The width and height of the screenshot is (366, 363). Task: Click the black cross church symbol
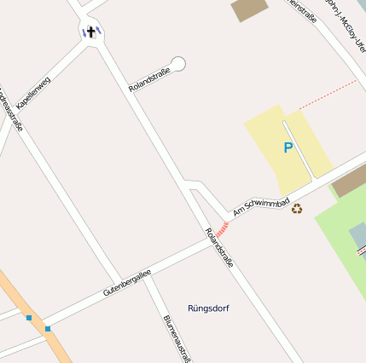pos(90,32)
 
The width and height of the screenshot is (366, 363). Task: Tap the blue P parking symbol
pos(288,147)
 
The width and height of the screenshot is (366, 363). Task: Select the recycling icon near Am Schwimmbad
pos(297,208)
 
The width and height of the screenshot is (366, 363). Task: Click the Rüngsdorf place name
pos(208,308)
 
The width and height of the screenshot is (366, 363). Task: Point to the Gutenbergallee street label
pos(127,282)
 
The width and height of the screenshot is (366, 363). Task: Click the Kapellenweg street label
pos(33,92)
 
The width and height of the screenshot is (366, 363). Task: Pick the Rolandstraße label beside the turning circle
pos(149,79)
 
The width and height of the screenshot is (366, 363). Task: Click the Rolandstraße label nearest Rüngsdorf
pos(219,248)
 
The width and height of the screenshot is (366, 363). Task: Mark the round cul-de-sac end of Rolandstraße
pos(178,63)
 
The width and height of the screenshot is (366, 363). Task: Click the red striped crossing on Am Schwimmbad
pos(222,228)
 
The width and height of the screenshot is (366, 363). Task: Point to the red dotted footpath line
pos(328,95)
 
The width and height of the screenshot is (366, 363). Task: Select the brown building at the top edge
pos(249,9)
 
